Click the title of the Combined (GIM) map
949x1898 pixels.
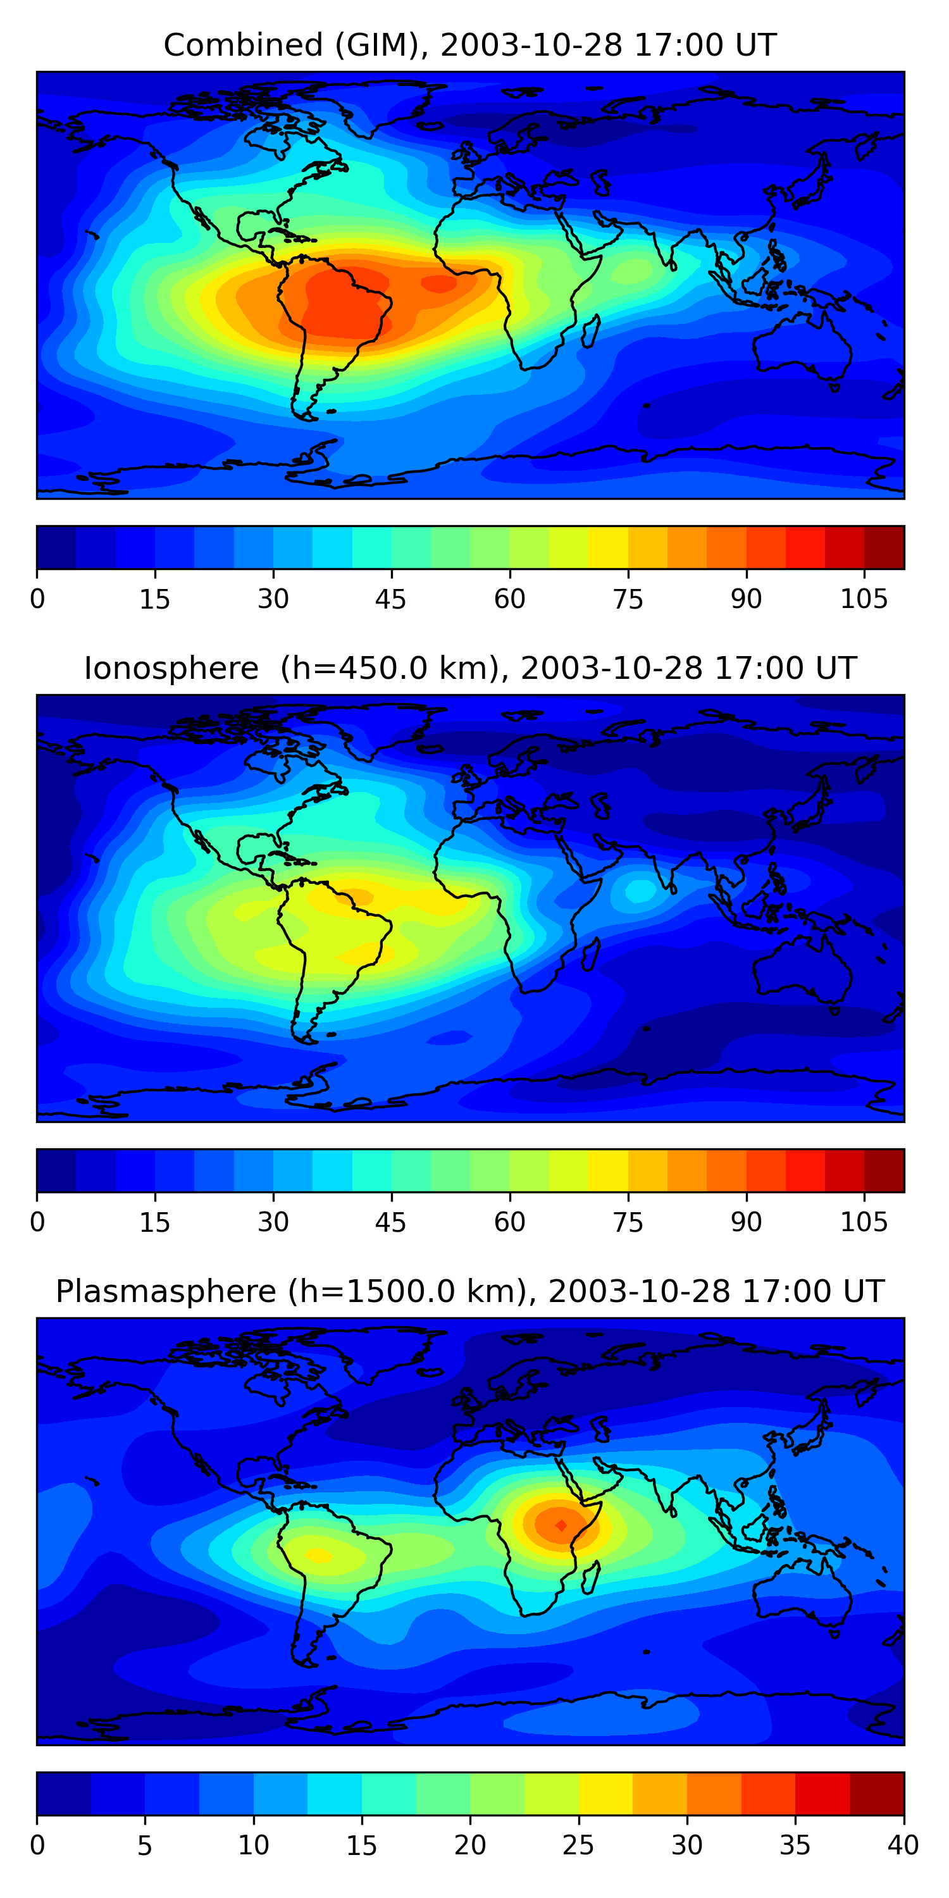[x=469, y=45]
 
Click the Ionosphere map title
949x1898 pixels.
[x=469, y=668]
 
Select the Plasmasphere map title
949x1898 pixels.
[x=469, y=1292]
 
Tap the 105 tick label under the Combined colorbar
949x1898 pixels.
[x=864, y=599]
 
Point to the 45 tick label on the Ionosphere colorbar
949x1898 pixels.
[x=390, y=1222]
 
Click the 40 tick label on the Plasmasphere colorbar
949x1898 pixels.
[x=903, y=1845]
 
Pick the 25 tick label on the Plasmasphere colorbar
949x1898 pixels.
[x=578, y=1845]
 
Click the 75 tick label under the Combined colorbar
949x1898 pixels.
[x=628, y=599]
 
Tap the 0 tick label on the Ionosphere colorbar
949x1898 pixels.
[x=37, y=1222]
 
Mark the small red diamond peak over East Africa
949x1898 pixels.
[x=561, y=1525]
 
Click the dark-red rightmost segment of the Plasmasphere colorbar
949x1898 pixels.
[x=877, y=1794]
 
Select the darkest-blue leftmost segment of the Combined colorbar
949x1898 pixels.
[x=57, y=547]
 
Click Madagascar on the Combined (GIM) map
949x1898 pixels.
[x=590, y=332]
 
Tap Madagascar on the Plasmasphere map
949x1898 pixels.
[x=590, y=1579]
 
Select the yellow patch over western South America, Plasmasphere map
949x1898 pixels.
[x=318, y=1555]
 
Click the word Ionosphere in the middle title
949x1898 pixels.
[x=171, y=668]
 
